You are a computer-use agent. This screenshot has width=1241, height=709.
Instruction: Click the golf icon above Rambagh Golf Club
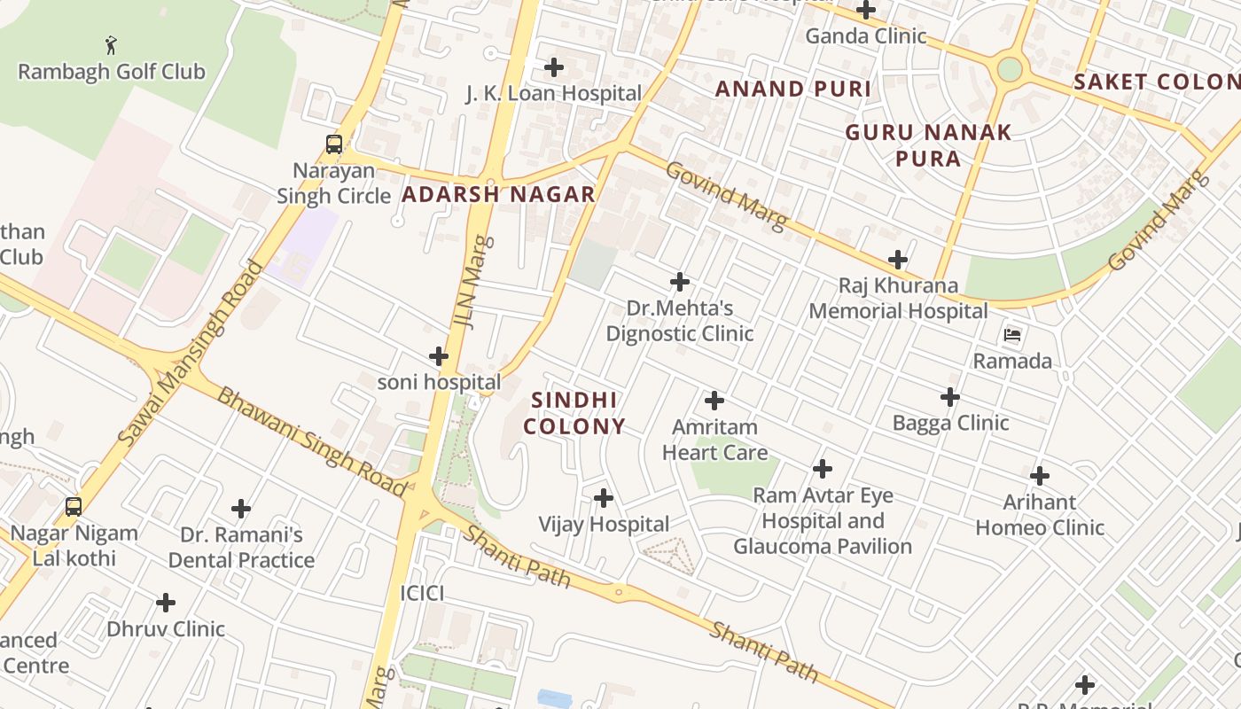(x=110, y=45)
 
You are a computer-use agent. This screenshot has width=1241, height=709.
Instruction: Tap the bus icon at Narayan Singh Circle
(x=334, y=144)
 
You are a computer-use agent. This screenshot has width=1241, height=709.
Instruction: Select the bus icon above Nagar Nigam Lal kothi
(x=74, y=507)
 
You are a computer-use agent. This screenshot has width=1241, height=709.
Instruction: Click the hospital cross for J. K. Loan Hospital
(x=554, y=67)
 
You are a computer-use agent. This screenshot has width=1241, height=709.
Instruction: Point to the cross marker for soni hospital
(x=439, y=356)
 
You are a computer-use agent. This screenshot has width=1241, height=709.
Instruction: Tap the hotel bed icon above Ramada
(x=1012, y=335)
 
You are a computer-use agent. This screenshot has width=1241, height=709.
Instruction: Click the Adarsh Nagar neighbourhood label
(x=498, y=195)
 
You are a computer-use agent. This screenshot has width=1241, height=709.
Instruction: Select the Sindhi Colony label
(x=574, y=413)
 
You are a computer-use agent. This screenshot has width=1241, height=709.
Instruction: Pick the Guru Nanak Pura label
(x=928, y=145)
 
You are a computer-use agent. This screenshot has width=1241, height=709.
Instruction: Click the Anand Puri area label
(x=793, y=89)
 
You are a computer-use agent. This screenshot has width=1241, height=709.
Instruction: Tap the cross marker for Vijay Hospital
(x=604, y=498)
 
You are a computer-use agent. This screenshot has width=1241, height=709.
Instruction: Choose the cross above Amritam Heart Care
(x=714, y=401)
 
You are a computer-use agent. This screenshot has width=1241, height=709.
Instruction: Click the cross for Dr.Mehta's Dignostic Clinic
(x=680, y=282)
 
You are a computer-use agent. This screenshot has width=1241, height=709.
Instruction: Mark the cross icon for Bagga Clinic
(x=950, y=397)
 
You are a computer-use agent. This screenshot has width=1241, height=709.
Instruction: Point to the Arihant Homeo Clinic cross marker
(x=1040, y=476)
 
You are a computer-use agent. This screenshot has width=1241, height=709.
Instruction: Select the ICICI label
(x=422, y=593)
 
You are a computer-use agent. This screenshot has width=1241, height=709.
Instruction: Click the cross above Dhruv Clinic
(x=166, y=604)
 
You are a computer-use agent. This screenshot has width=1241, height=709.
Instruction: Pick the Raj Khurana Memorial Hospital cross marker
(x=898, y=260)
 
